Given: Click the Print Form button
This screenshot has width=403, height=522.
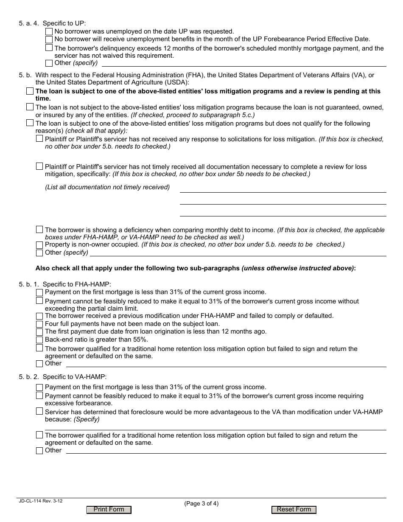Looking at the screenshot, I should click(109, 510).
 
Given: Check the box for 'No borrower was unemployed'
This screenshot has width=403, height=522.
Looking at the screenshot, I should click(49, 31).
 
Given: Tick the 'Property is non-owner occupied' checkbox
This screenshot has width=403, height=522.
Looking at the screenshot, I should click(39, 245).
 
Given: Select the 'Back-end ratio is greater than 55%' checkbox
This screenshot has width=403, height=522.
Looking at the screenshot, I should click(39, 340).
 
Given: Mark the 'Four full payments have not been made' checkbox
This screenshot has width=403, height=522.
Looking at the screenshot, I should click(39, 324).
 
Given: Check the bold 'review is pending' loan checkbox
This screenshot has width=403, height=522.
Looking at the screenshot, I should click(29, 91).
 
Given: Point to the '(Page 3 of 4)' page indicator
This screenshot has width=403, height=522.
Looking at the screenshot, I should click(201, 504).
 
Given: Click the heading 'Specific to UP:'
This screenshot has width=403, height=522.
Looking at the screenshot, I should click(64, 24).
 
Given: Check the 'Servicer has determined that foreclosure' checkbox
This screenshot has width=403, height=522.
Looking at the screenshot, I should click(39, 411).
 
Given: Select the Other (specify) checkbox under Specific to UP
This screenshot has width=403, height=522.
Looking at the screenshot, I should click(49, 63).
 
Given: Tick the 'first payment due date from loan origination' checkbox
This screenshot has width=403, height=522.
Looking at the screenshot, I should click(39, 332).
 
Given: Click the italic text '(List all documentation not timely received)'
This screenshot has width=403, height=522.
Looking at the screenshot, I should click(107, 187).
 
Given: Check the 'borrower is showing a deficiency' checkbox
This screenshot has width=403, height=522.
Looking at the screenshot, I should click(39, 230).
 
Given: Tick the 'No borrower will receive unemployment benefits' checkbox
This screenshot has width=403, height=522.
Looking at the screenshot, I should click(49, 39).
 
